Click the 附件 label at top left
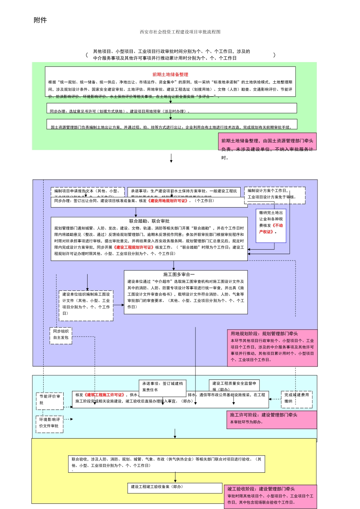click(40, 20)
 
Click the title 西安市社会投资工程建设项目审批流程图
click(180, 32)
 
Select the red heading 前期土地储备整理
click(170, 75)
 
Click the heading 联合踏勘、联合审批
click(149, 221)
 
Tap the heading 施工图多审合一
click(179, 275)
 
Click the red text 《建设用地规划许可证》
click(168, 201)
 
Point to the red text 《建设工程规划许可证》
click(133, 247)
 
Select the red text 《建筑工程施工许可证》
click(105, 395)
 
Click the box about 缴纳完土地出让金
click(271, 222)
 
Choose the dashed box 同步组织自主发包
click(61, 335)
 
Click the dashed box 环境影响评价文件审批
click(50, 423)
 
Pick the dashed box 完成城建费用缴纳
click(296, 398)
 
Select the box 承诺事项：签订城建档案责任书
click(163, 386)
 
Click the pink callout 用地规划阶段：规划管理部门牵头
click(272, 347)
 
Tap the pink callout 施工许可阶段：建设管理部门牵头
click(271, 419)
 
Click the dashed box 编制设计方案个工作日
click(274, 194)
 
